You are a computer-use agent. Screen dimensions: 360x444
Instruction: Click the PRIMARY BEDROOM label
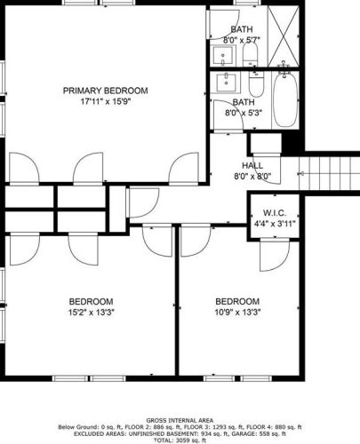point(106,91)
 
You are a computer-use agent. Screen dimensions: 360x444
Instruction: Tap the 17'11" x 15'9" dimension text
point(106,101)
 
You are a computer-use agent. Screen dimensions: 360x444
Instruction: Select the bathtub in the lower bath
point(285,100)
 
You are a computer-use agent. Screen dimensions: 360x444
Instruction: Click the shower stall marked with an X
point(284,36)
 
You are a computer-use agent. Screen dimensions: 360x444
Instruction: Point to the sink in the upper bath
point(223,56)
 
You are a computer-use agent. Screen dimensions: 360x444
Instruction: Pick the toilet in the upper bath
point(251,55)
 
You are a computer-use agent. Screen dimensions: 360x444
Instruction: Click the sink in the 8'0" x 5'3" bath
point(226,83)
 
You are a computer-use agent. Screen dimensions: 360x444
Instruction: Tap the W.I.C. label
point(275,213)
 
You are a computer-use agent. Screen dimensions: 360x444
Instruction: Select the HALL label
point(252,165)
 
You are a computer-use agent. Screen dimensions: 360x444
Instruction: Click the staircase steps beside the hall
point(329,173)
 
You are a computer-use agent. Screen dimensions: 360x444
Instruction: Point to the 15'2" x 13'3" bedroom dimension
point(92,313)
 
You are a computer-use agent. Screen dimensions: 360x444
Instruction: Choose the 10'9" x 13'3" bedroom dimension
point(237,313)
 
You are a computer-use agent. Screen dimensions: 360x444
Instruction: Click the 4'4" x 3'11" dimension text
point(275,224)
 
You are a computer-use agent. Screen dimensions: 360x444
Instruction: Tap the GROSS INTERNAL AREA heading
point(180,420)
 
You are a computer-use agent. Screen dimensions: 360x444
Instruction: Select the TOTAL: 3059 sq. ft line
point(180,440)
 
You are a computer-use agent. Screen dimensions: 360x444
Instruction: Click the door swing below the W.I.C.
point(275,255)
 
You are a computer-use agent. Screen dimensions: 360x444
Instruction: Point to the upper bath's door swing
point(224,24)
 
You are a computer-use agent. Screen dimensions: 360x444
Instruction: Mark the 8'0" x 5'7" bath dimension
point(242,40)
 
